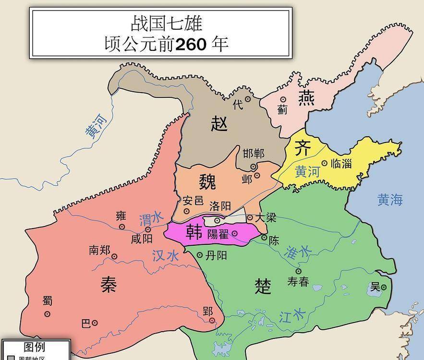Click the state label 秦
tap(109, 284)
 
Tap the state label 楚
tap(263, 287)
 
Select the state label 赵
tap(219, 124)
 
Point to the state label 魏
tap(207, 182)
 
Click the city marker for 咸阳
tap(134, 229)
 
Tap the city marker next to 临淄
tap(324, 163)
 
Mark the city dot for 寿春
tap(298, 271)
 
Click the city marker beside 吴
tap(384, 287)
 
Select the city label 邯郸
tap(254, 154)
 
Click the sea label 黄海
tap(389, 200)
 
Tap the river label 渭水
tap(151, 220)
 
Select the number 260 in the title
tap(191, 44)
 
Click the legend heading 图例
tap(35, 347)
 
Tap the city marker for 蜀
tap(47, 314)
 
